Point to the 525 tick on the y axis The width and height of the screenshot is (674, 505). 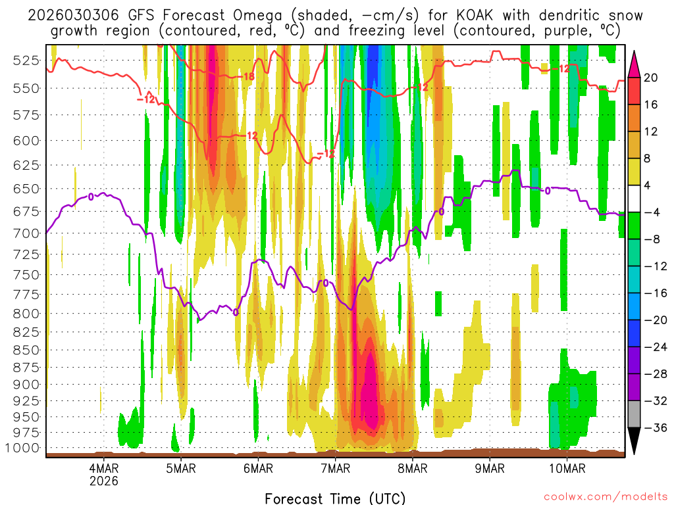click(26, 60)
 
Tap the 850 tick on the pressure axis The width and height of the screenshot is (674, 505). click(26, 350)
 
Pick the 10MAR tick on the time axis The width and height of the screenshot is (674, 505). click(567, 468)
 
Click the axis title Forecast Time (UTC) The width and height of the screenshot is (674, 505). click(335, 498)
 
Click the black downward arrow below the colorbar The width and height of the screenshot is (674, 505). click(635, 441)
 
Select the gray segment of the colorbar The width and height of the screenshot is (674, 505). click(635, 414)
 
